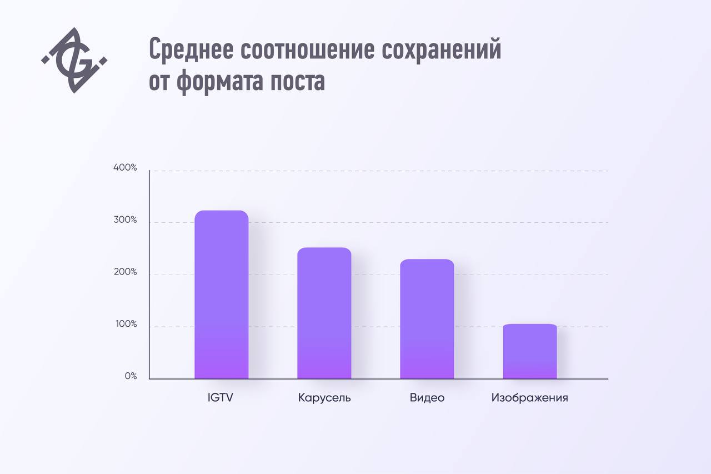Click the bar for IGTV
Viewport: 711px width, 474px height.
pyautogui.click(x=221, y=295)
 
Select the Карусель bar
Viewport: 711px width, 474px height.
pyautogui.click(x=324, y=313)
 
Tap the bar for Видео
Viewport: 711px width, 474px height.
pyautogui.click(x=427, y=319)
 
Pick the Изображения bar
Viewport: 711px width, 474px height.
pyautogui.click(x=530, y=351)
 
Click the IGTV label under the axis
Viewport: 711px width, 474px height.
pyautogui.click(x=220, y=398)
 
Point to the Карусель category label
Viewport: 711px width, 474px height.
pyautogui.click(x=324, y=398)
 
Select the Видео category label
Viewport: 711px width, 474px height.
pyautogui.click(x=427, y=398)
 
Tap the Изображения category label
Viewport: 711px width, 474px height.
pyautogui.click(x=529, y=398)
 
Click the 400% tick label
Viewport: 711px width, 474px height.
pyautogui.click(x=125, y=168)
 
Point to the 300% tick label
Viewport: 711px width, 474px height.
pyautogui.click(x=125, y=220)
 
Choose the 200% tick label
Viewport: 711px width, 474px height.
pyautogui.click(x=125, y=272)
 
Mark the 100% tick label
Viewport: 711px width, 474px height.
pyautogui.click(x=125, y=325)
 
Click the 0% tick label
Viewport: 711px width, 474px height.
pyautogui.click(x=131, y=376)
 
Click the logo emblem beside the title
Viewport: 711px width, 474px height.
pyautogui.click(x=74, y=60)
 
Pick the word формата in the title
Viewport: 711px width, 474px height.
pyautogui.click(x=222, y=82)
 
